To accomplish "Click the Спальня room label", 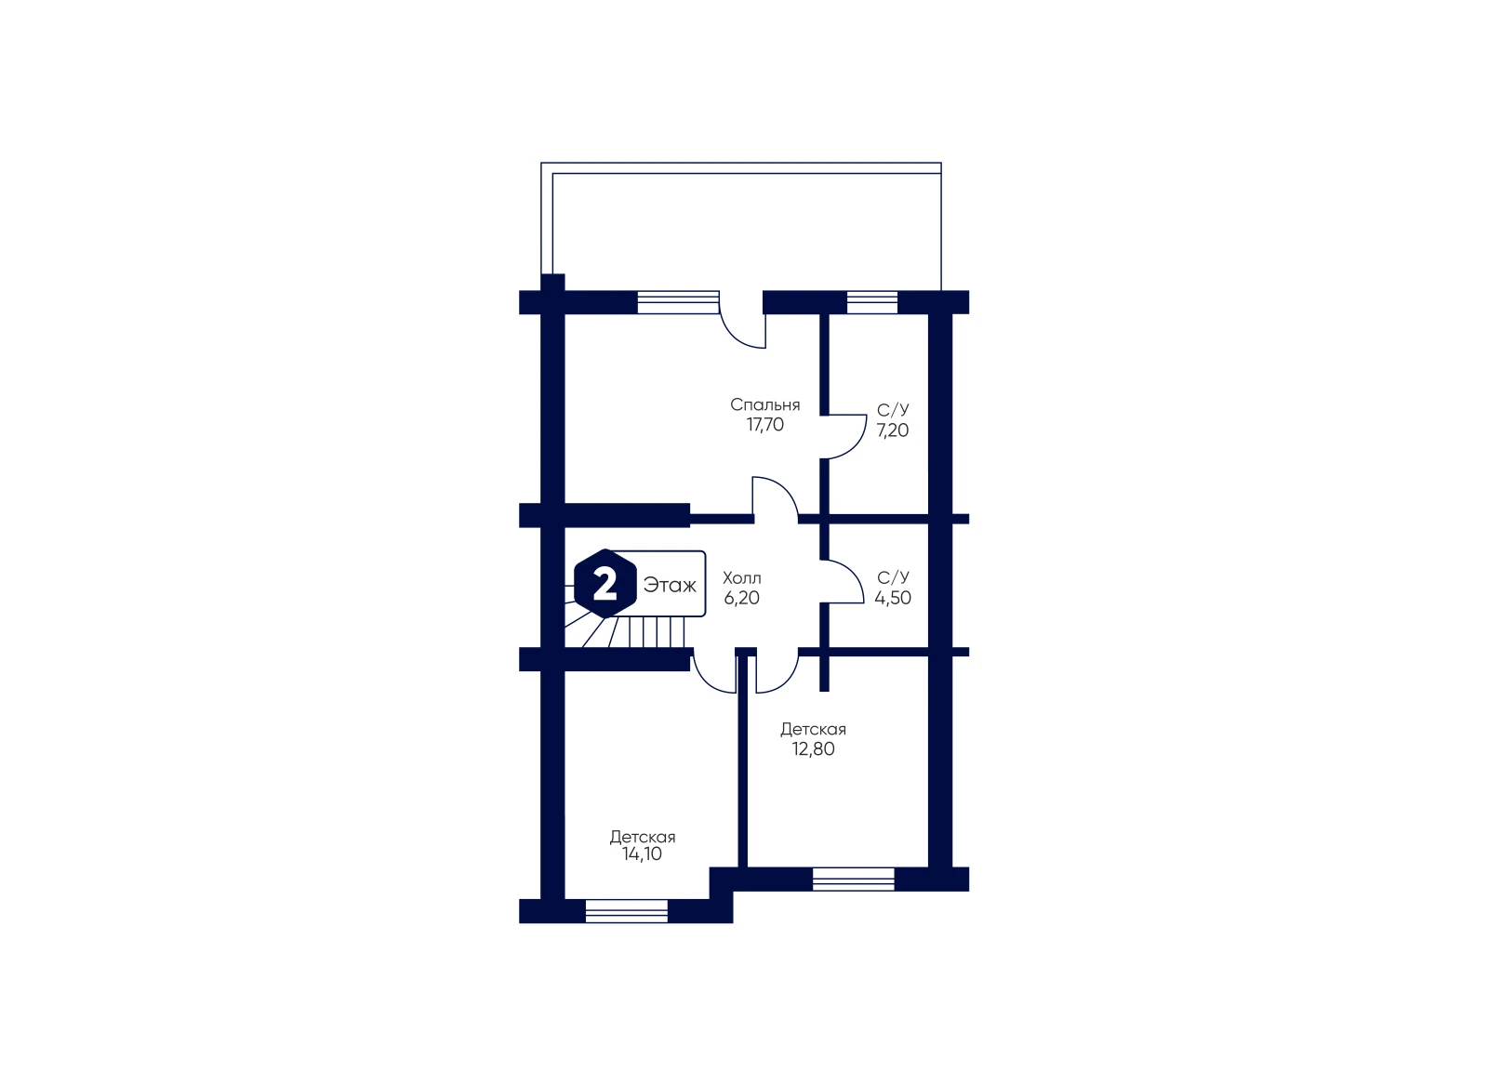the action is pyautogui.click(x=764, y=405).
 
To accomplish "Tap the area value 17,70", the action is pyautogui.click(x=764, y=425).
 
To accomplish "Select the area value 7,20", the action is pyautogui.click(x=892, y=430).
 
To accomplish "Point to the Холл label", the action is pyautogui.click(x=742, y=577).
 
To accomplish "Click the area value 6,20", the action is pyautogui.click(x=742, y=598).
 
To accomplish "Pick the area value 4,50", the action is pyautogui.click(x=893, y=598).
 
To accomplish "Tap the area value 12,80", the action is pyautogui.click(x=813, y=749).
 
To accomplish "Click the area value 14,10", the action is pyautogui.click(x=642, y=853).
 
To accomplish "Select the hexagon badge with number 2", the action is pyautogui.click(x=605, y=584).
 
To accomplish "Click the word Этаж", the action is pyautogui.click(x=670, y=585).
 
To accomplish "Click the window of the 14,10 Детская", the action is pyautogui.click(x=627, y=911).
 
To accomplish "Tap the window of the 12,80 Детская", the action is pyautogui.click(x=854, y=880).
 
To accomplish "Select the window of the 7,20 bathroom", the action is pyautogui.click(x=872, y=302).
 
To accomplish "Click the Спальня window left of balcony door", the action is pyautogui.click(x=678, y=302).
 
